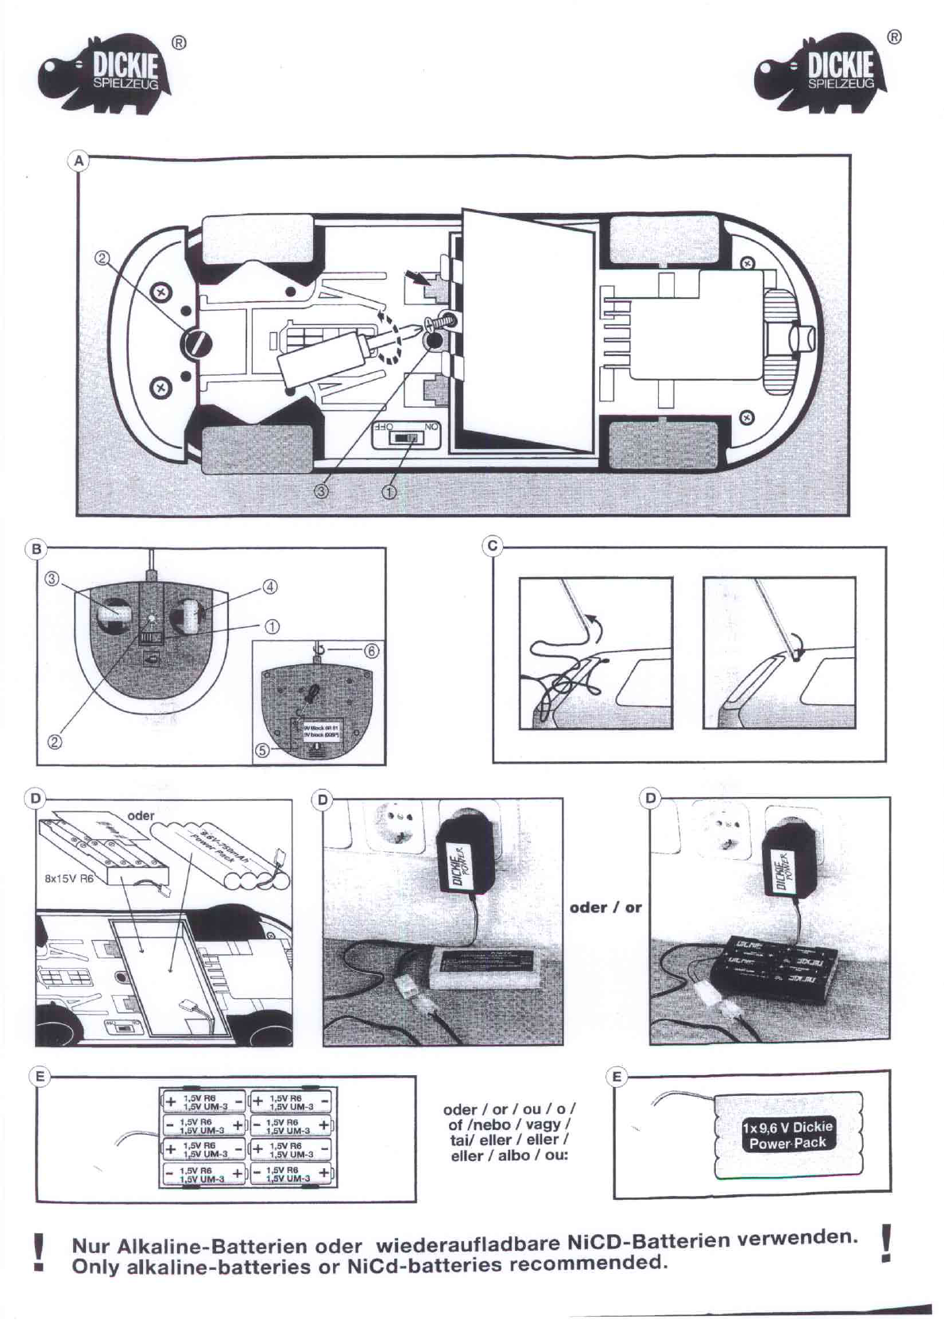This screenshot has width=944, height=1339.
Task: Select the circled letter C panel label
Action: point(493,546)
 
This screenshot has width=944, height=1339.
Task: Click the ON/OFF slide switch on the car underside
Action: point(407,437)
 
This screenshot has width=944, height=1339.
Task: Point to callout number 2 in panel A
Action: point(103,258)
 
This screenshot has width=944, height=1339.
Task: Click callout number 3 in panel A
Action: point(321,491)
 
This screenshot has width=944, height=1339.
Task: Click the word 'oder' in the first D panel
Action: point(141,815)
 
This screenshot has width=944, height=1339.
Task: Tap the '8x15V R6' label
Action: point(69,880)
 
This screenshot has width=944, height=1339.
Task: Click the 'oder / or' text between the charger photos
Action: point(605,907)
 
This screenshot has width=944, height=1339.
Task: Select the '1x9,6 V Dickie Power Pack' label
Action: point(787,1135)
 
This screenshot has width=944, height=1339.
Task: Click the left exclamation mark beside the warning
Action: point(37,1253)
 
